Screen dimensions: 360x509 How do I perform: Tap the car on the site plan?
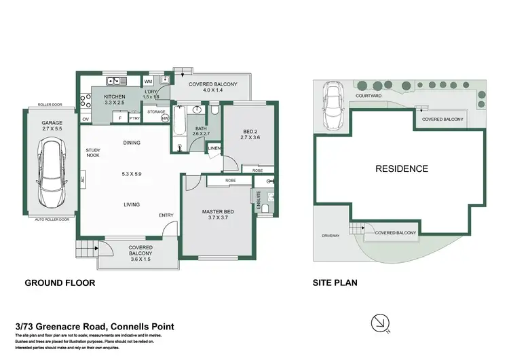pyautogui.click(x=334, y=107)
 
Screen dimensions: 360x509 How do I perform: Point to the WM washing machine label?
pyautogui.click(x=148, y=82)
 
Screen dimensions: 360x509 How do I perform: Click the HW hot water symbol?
pyautogui.click(x=165, y=118)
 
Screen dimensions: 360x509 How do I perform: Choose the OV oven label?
pyautogui.click(x=86, y=119)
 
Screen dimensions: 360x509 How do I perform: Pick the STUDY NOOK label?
pyautogui.click(x=93, y=154)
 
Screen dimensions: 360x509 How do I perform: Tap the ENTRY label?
pyautogui.click(x=166, y=215)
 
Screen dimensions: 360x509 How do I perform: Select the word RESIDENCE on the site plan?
pyautogui.click(x=402, y=168)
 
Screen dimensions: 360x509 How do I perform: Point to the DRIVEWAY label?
pyautogui.click(x=331, y=236)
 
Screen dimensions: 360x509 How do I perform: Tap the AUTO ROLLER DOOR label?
pyautogui.click(x=52, y=219)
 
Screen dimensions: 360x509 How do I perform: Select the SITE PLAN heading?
pyautogui.click(x=334, y=283)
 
